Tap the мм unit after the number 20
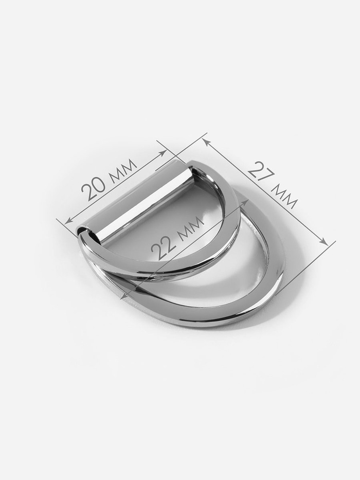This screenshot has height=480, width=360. tap(122, 170)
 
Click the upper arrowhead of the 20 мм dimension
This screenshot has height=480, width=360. tap(163, 153)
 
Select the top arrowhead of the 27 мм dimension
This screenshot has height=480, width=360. tap(206, 141)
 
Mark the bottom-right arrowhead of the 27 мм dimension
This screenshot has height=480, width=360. tap(323, 241)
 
